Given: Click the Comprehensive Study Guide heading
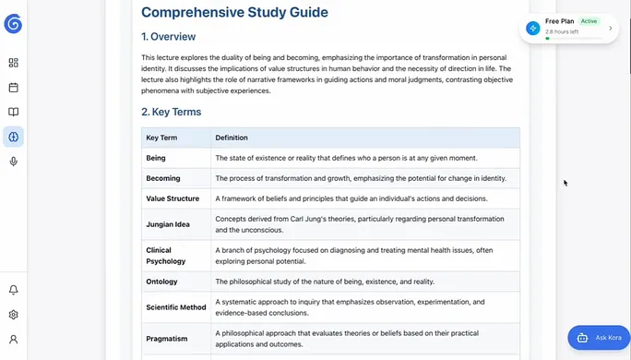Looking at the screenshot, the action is tap(234, 13).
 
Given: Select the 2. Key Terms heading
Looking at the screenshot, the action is tap(171, 113).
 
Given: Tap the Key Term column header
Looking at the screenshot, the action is tap(161, 138).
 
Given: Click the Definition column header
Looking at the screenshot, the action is tap(232, 138).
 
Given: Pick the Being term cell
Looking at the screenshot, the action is tap(156, 158).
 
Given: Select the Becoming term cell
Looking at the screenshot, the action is tap(163, 178).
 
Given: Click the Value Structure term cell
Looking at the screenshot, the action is tap(173, 198).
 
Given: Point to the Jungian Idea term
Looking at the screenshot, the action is tap(169, 224).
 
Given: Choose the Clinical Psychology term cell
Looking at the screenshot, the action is tap(166, 256).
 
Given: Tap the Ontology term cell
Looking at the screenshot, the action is tap(161, 282).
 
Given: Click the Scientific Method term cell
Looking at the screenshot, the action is tap(175, 307).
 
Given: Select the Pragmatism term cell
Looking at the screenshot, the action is tap(167, 339).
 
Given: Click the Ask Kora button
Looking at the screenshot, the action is tap(599, 338).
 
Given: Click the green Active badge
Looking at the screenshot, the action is tap(589, 20).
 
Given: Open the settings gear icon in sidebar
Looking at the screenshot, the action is tap(13, 315).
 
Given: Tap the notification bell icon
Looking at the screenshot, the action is tap(13, 290).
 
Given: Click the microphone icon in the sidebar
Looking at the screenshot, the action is tap(13, 162).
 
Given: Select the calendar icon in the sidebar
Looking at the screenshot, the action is tap(13, 88).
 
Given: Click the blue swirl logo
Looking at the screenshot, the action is tap(13, 24).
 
